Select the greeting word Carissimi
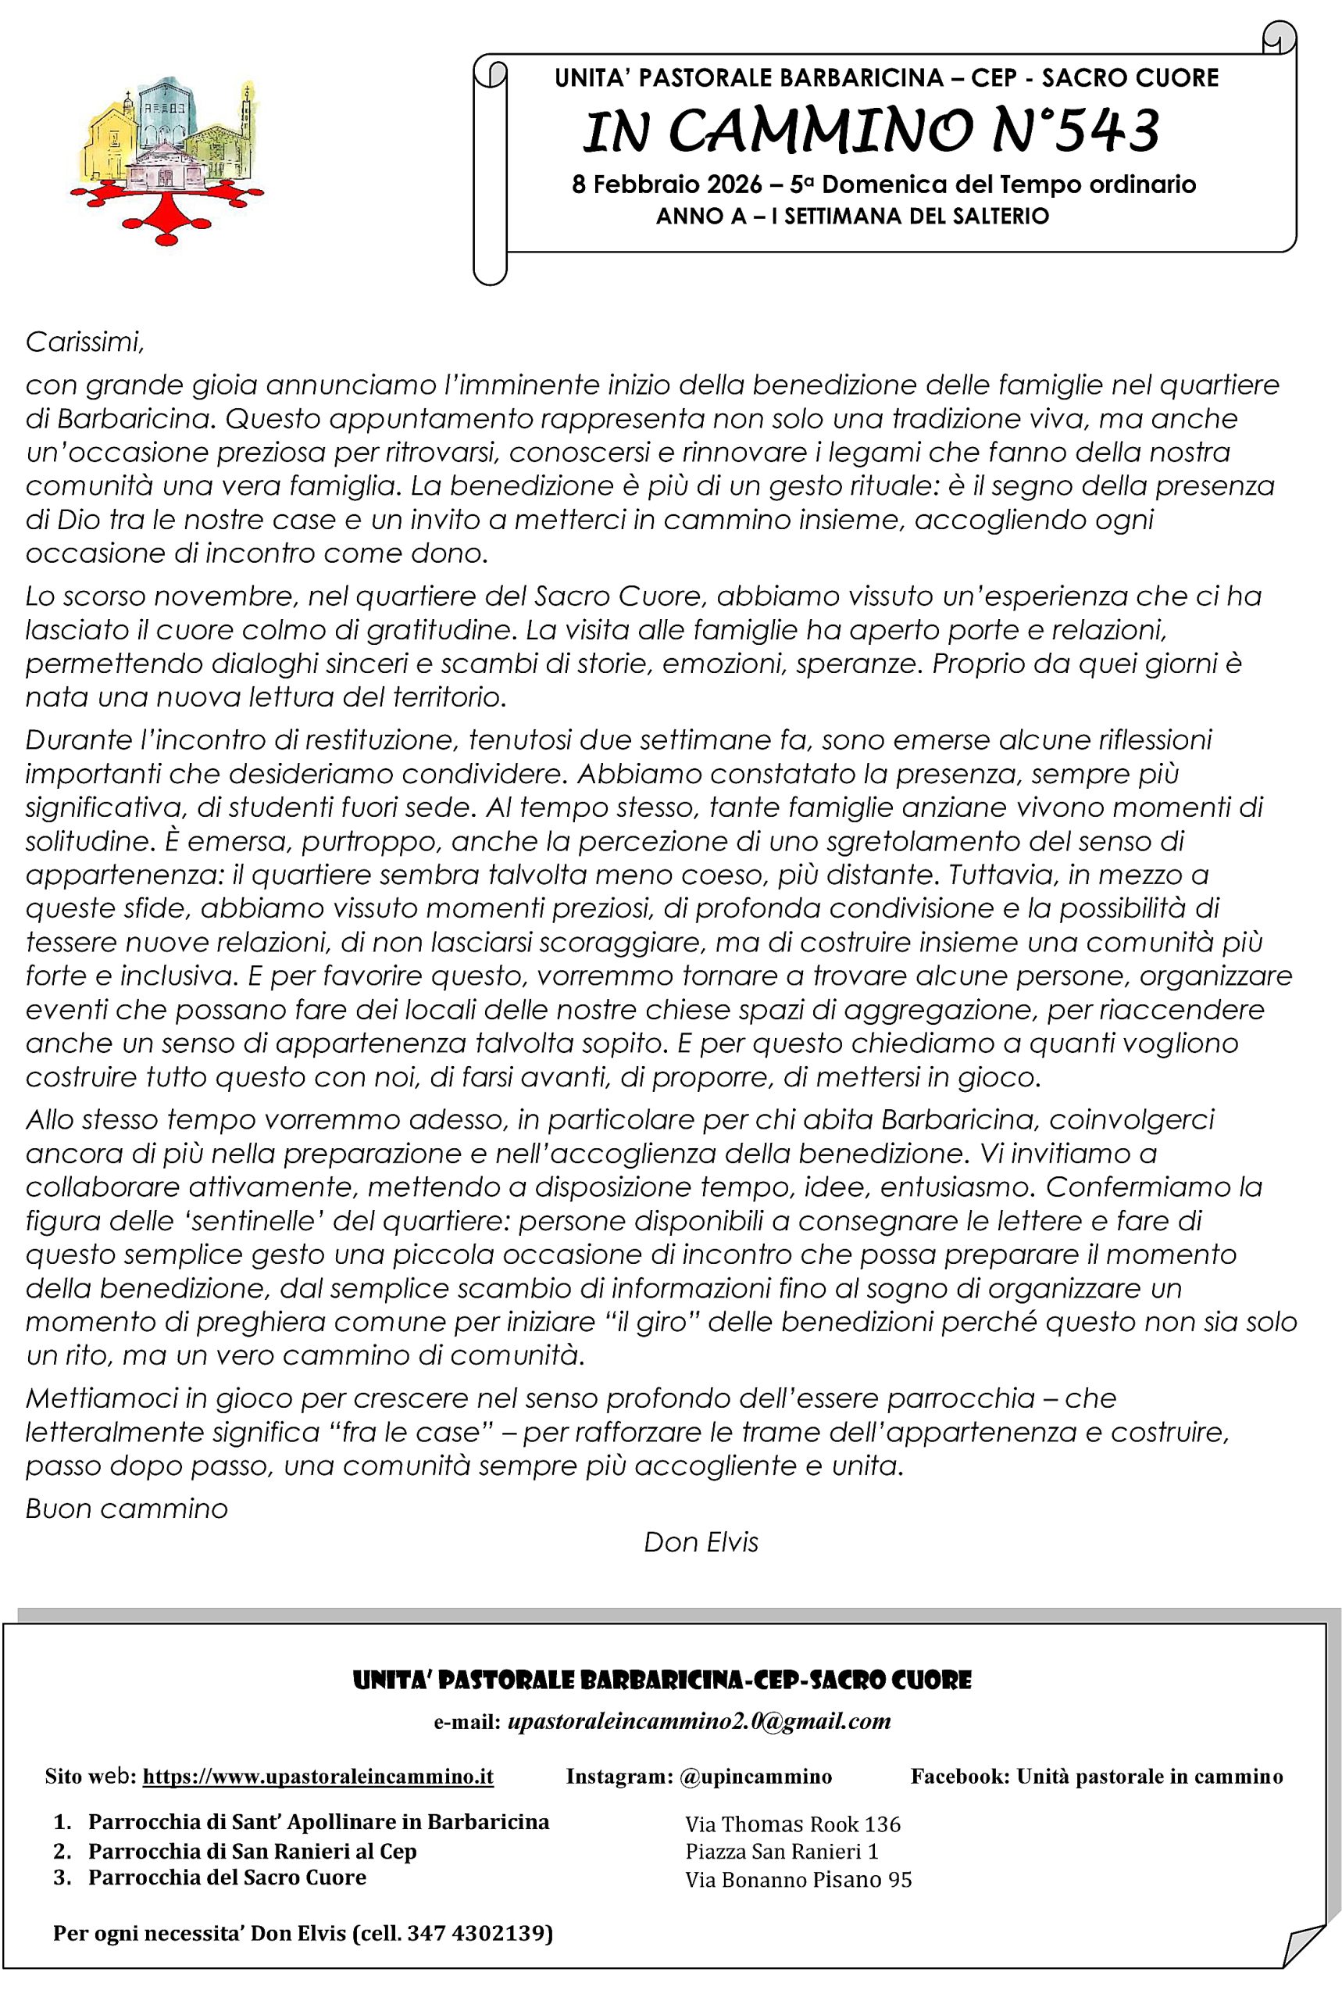tap(84, 342)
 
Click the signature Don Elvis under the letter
tap(700, 1542)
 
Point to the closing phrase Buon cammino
tap(127, 1508)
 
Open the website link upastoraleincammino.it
tap(317, 1777)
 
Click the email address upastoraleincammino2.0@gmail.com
tap(698, 1722)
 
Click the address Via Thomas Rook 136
tap(793, 1824)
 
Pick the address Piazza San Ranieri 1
tap(781, 1851)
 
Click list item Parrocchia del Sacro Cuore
tap(227, 1878)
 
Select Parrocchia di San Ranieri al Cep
tap(252, 1851)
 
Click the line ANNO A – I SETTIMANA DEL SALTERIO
tap(851, 217)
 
